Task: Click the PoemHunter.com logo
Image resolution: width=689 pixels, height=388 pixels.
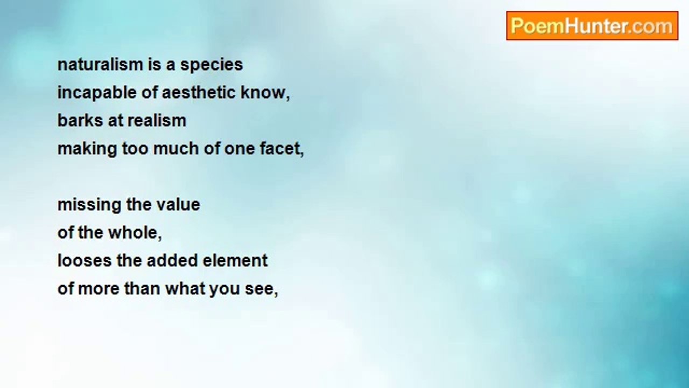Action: (x=592, y=26)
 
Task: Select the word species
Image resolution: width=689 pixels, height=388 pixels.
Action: (x=212, y=66)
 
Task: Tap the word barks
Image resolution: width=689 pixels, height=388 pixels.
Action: (x=80, y=121)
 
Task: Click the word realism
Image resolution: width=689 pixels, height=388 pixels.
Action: (x=157, y=121)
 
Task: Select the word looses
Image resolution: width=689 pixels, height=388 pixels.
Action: (x=85, y=261)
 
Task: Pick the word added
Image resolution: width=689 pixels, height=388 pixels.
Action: (x=172, y=261)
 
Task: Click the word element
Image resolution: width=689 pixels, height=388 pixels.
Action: (x=235, y=261)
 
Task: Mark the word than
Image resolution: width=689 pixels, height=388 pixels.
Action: (x=142, y=289)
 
